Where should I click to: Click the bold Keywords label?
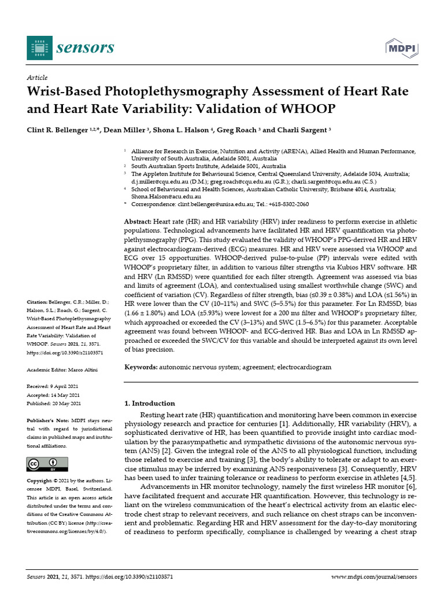click(141, 368)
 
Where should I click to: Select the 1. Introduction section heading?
click(150, 403)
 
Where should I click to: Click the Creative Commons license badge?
click(47, 464)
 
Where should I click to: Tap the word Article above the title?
click(38, 78)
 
